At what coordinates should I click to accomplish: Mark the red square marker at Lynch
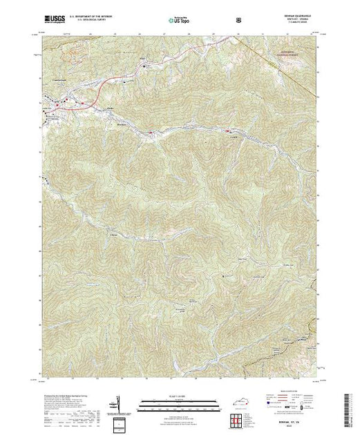228,129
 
